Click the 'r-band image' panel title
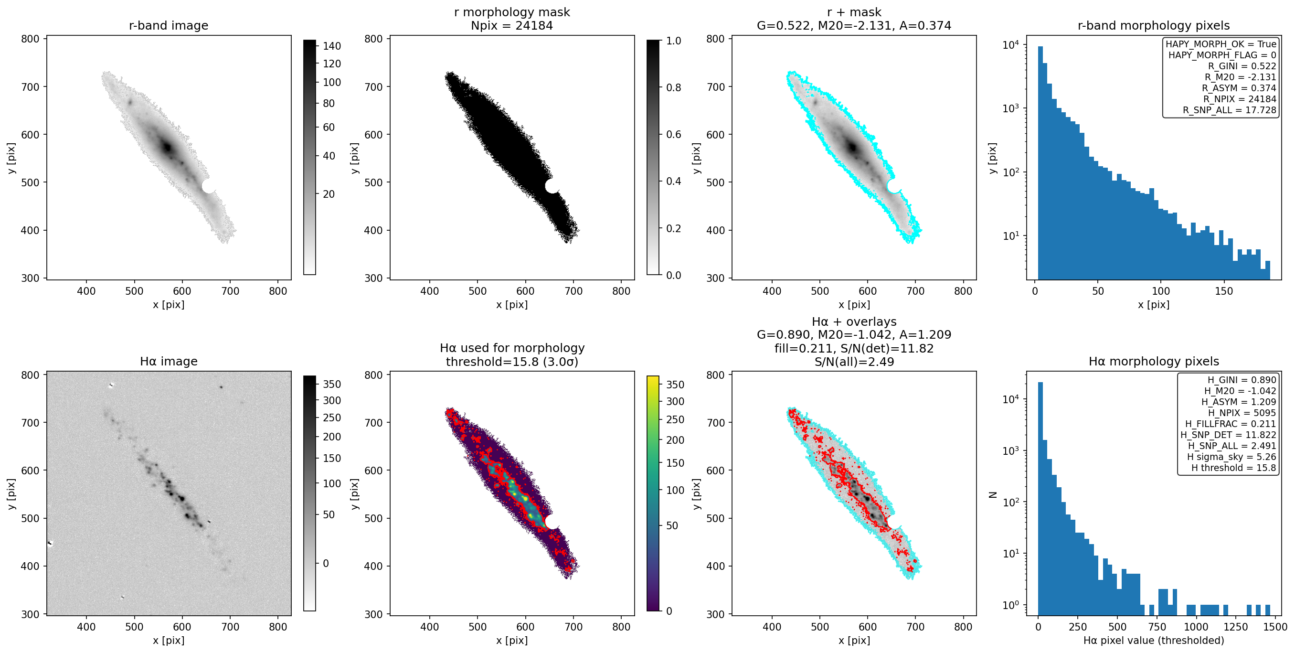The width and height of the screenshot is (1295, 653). [x=169, y=26]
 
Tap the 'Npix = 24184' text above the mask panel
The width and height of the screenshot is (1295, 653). [x=512, y=26]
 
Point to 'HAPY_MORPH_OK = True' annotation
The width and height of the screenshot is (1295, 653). [x=1221, y=44]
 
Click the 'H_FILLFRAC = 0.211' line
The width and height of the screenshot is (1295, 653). [x=1230, y=424]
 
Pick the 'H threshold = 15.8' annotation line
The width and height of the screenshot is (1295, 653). [x=1233, y=468]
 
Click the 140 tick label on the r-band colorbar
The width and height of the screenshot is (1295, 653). [x=332, y=46]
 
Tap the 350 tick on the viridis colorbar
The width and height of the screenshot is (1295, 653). [x=675, y=385]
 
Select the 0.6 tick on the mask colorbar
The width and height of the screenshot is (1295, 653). [x=674, y=134]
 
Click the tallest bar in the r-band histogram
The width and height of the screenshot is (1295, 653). [x=1040, y=163]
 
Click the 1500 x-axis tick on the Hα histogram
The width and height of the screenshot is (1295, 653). [x=1275, y=627]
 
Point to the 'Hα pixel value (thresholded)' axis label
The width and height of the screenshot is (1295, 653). [x=1153, y=641]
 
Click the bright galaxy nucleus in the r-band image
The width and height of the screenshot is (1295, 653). [x=168, y=148]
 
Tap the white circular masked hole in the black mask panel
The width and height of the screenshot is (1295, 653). [x=552, y=186]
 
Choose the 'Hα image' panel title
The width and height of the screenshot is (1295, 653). [x=169, y=361]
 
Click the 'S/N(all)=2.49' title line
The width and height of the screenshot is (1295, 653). [x=854, y=362]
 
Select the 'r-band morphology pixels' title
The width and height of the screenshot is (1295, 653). [x=1153, y=26]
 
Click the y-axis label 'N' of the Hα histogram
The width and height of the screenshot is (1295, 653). [x=993, y=494]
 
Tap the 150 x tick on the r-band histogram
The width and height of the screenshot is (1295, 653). [x=1224, y=291]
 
